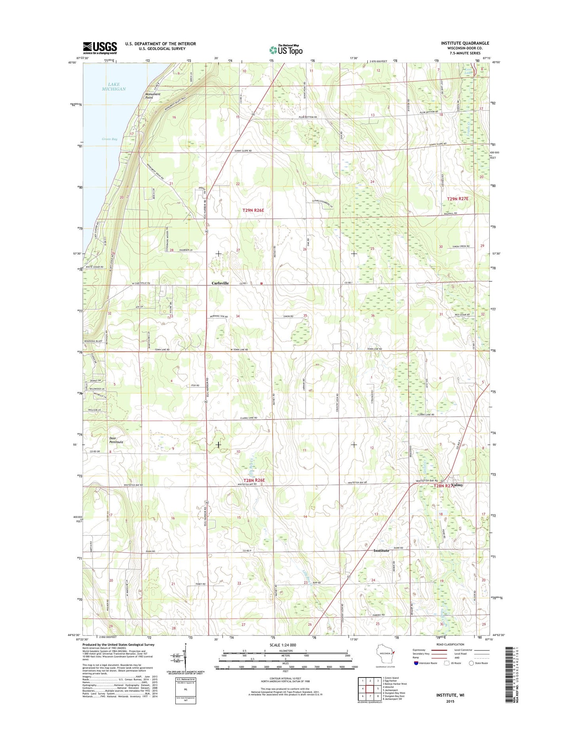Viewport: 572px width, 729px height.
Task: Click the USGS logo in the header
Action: coord(100,48)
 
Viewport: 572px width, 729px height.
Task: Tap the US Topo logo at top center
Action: coord(286,49)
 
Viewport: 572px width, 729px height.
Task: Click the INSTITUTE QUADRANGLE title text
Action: coord(465,43)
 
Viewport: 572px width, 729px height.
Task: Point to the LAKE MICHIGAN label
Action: coord(114,87)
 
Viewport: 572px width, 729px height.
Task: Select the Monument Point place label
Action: coord(153,96)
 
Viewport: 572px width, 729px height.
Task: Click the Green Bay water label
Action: coord(109,139)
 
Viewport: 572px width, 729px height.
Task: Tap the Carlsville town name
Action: coord(220,283)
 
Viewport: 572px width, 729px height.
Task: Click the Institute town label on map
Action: coord(381,551)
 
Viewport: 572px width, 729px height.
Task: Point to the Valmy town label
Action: coord(455,485)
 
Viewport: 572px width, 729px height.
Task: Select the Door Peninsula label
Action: coord(116,440)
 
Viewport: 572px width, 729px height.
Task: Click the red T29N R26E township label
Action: coord(253,210)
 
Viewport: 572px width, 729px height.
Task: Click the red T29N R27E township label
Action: coord(458,199)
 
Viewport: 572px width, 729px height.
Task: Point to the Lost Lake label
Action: coord(469,71)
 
